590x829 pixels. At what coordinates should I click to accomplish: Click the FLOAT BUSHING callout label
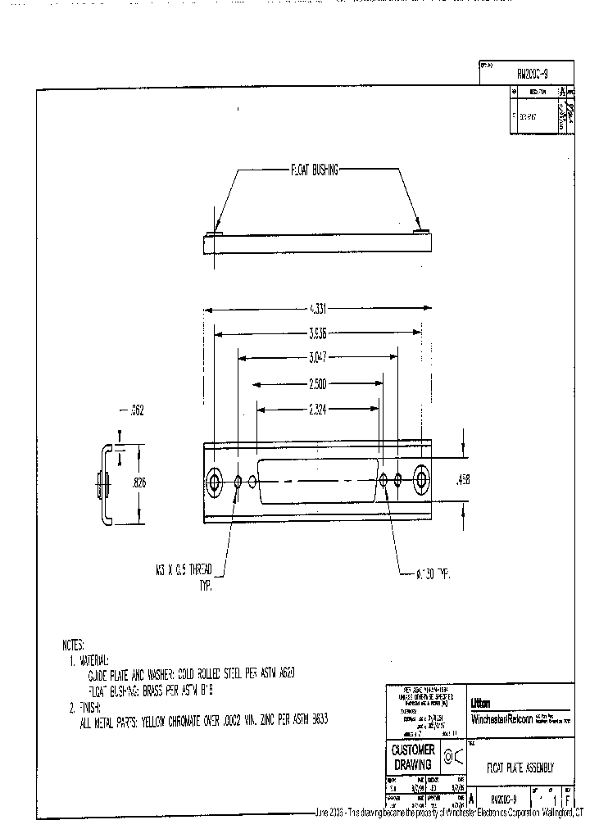pyautogui.click(x=315, y=171)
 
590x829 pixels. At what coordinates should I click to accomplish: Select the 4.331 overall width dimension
pyautogui.click(x=317, y=310)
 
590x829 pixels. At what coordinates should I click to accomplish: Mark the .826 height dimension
pyautogui.click(x=141, y=483)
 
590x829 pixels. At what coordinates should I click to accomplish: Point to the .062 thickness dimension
pyautogui.click(x=136, y=410)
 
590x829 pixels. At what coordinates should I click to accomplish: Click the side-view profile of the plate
pyautogui.click(x=103, y=483)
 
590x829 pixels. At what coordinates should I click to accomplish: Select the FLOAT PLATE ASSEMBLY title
pyautogui.click(x=520, y=768)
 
